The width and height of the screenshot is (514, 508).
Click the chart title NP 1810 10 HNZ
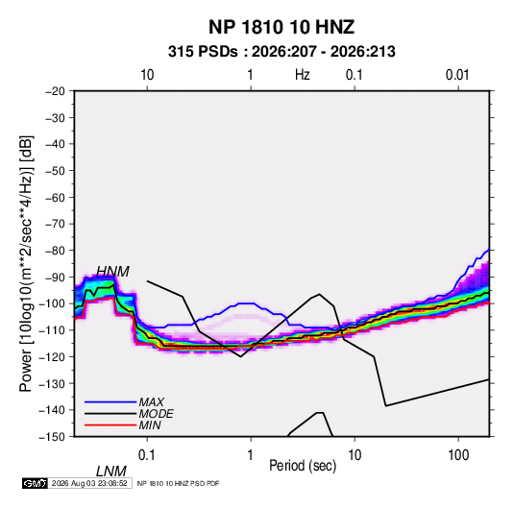pyautogui.click(x=281, y=27)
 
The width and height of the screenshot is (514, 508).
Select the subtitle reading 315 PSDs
pyautogui.click(x=203, y=52)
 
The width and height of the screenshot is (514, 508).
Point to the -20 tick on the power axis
pyautogui.click(x=55, y=91)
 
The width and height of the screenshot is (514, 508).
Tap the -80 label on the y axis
pyautogui.click(x=55, y=251)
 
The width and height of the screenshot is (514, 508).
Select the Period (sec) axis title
pyautogui.click(x=303, y=466)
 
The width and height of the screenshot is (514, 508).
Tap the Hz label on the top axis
pyautogui.click(x=303, y=75)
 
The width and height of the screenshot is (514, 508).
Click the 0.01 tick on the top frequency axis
pyautogui.click(x=457, y=75)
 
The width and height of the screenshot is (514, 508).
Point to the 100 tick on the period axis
pyautogui.click(x=458, y=455)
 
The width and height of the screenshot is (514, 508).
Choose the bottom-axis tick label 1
pyautogui.click(x=251, y=455)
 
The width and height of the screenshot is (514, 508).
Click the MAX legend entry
pyautogui.click(x=151, y=402)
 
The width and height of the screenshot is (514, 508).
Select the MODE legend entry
pyautogui.click(x=156, y=414)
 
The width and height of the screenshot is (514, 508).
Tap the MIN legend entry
pyautogui.click(x=150, y=425)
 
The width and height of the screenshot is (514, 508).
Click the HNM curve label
pyautogui.click(x=112, y=272)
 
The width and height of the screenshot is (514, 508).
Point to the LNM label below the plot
pyautogui.click(x=110, y=472)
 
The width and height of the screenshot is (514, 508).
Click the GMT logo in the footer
pyautogui.click(x=35, y=483)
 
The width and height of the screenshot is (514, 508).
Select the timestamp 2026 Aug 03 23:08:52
pyautogui.click(x=89, y=483)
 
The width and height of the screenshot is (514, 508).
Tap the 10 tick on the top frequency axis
pyautogui.click(x=147, y=75)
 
